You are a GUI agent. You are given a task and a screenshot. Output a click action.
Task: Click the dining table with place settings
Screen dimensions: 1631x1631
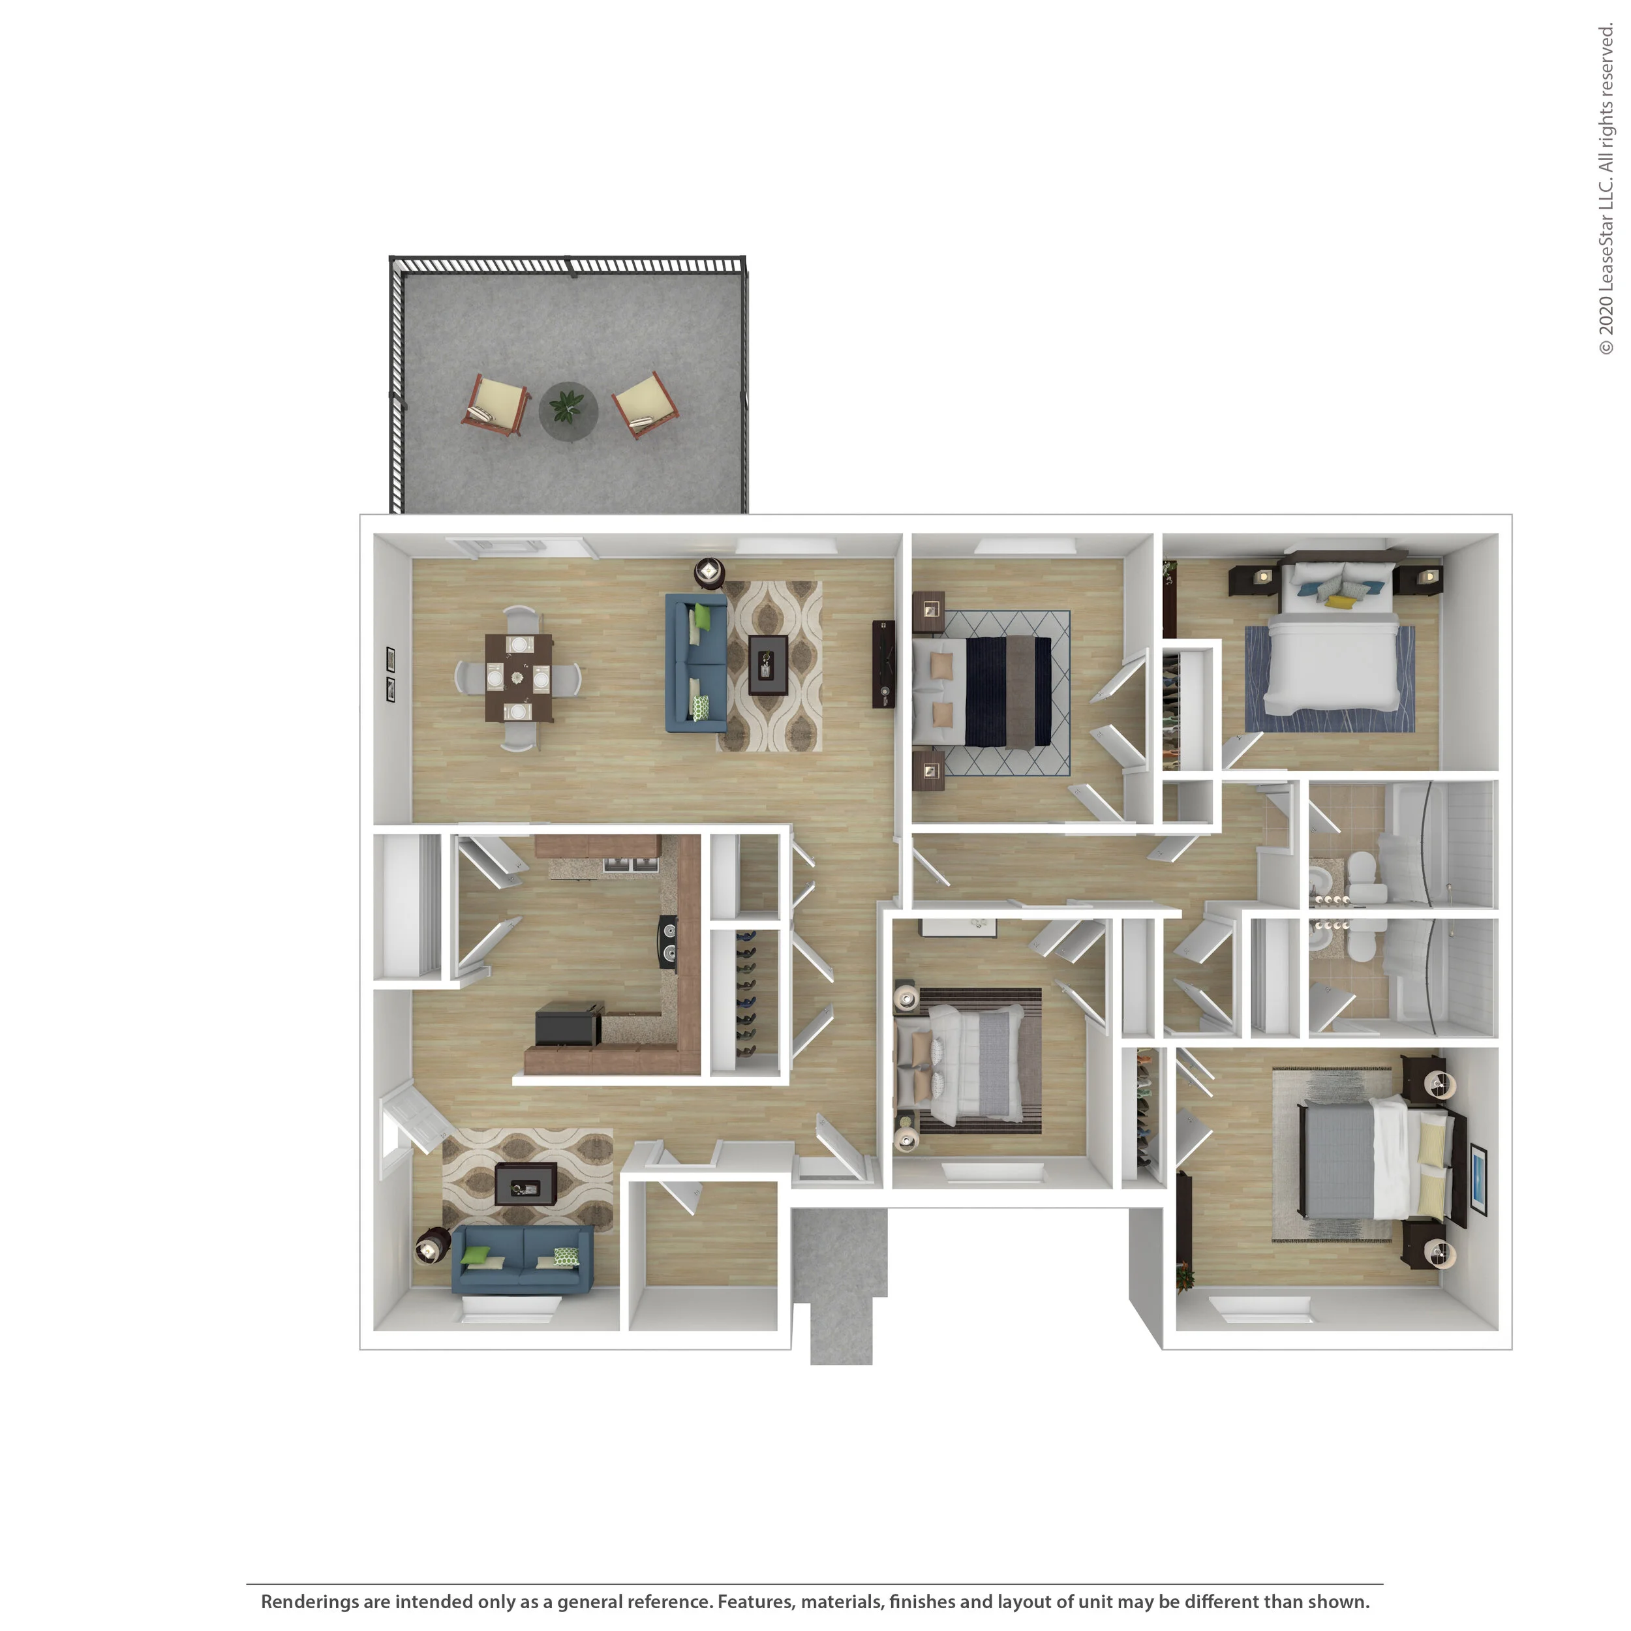(519, 678)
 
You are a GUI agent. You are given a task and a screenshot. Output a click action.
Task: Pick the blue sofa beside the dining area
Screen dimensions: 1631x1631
(695, 663)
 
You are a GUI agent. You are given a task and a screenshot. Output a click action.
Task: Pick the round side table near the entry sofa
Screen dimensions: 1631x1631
(431, 1247)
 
